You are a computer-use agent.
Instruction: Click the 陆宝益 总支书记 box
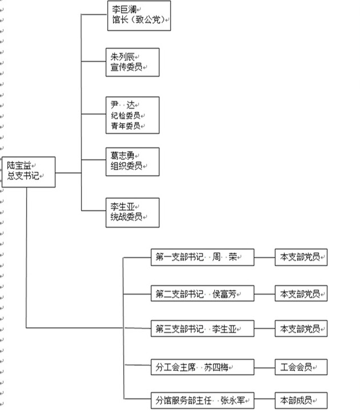click(x=28, y=172)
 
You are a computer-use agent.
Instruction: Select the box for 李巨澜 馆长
click(x=138, y=15)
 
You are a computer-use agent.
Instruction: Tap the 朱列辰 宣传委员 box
click(x=132, y=62)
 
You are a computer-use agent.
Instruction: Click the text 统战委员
click(x=126, y=217)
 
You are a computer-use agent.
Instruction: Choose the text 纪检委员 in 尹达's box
click(x=125, y=116)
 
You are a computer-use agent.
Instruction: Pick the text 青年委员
click(x=125, y=126)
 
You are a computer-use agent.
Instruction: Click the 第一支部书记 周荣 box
click(x=202, y=257)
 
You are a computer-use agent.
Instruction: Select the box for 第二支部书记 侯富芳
click(x=202, y=294)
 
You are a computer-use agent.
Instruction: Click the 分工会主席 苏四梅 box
click(x=202, y=367)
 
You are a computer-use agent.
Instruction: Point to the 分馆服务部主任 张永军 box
click(x=202, y=400)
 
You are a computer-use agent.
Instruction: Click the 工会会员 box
click(x=301, y=367)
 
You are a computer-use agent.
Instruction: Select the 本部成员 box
click(x=301, y=400)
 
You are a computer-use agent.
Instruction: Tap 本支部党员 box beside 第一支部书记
click(x=301, y=257)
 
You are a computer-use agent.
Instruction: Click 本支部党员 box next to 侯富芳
click(x=301, y=294)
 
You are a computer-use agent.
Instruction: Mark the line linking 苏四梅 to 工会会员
click(x=264, y=367)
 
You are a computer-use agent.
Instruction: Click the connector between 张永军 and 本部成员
click(x=264, y=400)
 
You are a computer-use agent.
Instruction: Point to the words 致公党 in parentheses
click(x=151, y=20)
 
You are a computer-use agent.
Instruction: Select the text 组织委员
click(x=126, y=166)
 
